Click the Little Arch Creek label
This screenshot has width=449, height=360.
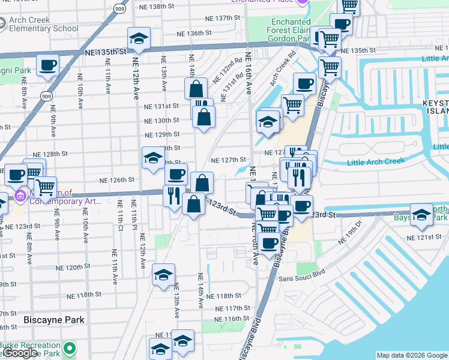point(376,161)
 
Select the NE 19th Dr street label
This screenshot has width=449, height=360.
point(350,234)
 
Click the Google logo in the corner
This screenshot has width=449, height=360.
point(20,353)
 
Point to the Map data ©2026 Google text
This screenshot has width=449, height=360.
point(411,355)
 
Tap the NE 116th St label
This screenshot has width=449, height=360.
point(232,319)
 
